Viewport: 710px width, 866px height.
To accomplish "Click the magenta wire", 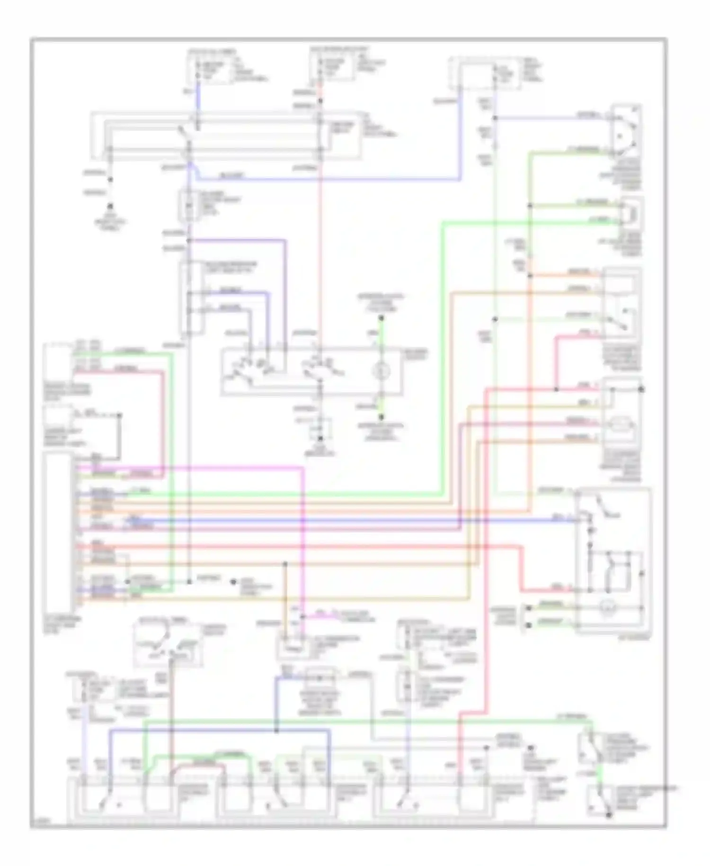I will click(302, 521).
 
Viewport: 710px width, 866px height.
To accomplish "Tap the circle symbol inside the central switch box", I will click(380, 371).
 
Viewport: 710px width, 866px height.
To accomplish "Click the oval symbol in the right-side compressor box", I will click(622, 424).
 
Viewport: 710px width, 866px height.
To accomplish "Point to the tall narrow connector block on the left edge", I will click(58, 533).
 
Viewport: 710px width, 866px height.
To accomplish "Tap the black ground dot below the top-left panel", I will click(111, 207).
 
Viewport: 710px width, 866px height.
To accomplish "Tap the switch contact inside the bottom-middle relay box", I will click(277, 803).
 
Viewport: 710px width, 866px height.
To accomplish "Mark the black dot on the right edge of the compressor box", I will click(642, 389).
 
